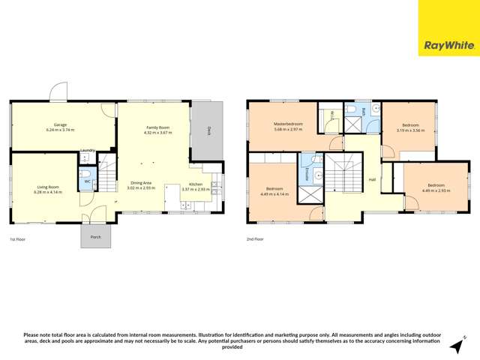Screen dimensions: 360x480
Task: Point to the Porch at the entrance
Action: (96, 236)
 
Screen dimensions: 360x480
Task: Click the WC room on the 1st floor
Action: (88, 181)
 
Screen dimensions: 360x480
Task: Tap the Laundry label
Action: (87, 150)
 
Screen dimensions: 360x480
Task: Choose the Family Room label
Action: (157, 128)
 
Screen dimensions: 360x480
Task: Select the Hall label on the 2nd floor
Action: (372, 179)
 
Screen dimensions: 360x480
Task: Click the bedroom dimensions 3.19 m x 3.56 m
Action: (410, 130)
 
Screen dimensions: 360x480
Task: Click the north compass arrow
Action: (454, 345)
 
